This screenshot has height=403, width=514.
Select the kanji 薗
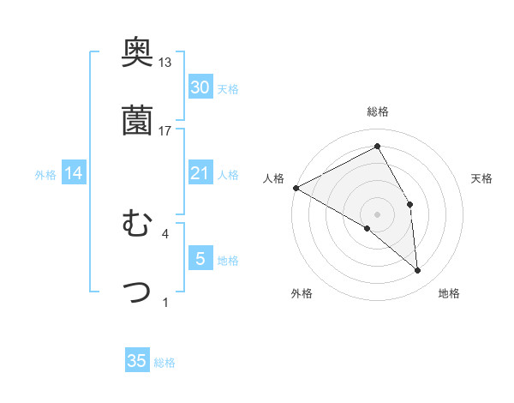tap(137, 121)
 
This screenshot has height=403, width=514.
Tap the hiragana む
tap(137, 225)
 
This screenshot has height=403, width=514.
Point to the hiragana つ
tap(137, 292)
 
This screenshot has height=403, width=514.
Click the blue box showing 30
tap(200, 87)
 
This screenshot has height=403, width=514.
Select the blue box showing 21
tap(200, 174)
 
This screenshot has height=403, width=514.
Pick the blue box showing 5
tap(200, 259)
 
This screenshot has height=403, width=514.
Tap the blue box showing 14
tap(74, 174)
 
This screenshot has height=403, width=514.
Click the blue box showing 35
tap(137, 361)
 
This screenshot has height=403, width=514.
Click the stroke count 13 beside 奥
tap(165, 63)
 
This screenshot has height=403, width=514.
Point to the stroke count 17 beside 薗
tap(165, 130)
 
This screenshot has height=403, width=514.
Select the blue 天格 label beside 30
tap(228, 89)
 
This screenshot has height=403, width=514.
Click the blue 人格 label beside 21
tap(228, 175)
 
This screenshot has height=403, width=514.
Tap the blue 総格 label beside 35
tap(164, 363)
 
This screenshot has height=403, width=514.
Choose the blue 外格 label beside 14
tap(45, 175)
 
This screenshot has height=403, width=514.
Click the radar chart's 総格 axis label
tap(377, 111)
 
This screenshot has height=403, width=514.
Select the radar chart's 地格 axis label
tap(449, 293)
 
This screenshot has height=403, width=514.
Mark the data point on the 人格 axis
tap(296, 188)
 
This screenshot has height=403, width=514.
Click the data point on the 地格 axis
tap(418, 270)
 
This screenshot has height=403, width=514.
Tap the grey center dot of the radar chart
tap(377, 214)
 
